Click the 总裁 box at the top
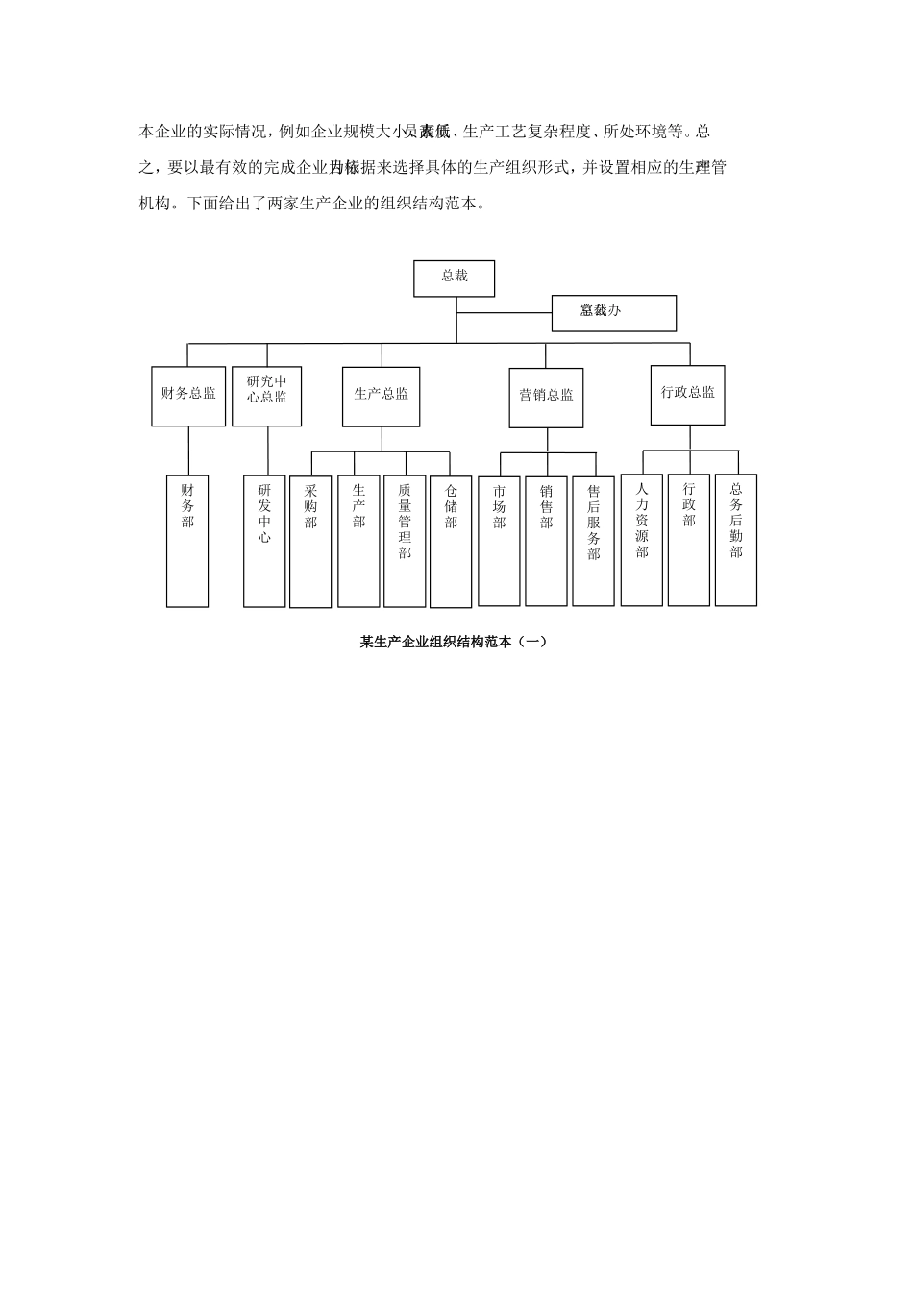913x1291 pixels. click(x=455, y=278)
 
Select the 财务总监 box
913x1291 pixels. click(x=188, y=395)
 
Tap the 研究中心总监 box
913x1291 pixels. click(x=266, y=395)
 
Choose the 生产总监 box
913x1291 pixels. click(x=381, y=395)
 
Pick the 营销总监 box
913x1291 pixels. click(x=546, y=397)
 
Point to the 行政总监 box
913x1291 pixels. click(x=687, y=394)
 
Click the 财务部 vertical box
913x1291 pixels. click(x=187, y=540)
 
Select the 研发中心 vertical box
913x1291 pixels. click(x=264, y=541)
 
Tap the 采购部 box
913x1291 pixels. click(x=310, y=542)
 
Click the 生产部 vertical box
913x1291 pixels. click(x=358, y=541)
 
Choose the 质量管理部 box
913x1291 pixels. click(x=405, y=541)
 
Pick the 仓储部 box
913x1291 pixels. click(x=451, y=542)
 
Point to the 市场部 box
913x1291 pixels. click(x=499, y=541)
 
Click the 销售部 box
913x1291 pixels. click(x=546, y=541)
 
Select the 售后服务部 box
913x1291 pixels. click(x=593, y=541)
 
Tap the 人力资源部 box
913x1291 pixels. click(x=641, y=540)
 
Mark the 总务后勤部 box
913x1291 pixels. click(x=736, y=540)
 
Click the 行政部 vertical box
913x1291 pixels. click(x=688, y=540)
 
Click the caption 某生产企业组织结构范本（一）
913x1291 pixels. click(x=454, y=642)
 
